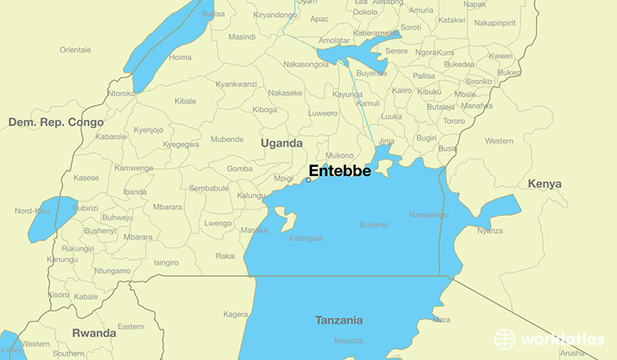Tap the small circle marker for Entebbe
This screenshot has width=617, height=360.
(308, 180)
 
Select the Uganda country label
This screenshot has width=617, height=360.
(281, 143)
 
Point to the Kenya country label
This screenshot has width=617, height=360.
(544, 184)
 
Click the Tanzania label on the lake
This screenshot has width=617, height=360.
(338, 320)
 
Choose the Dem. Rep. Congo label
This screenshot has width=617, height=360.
(56, 122)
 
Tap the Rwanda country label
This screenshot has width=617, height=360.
(94, 333)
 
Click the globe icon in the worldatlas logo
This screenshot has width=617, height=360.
(505, 339)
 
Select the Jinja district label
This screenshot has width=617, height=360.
(386, 141)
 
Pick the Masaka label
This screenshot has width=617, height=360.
(254, 230)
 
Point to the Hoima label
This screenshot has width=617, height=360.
(181, 57)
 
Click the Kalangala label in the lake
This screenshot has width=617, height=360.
(306, 238)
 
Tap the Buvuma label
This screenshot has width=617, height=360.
(374, 224)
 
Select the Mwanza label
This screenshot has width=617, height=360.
(347, 341)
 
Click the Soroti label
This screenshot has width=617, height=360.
(410, 27)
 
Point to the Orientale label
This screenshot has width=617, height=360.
(75, 50)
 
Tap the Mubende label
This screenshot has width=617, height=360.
(226, 139)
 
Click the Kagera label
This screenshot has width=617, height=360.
(236, 314)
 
